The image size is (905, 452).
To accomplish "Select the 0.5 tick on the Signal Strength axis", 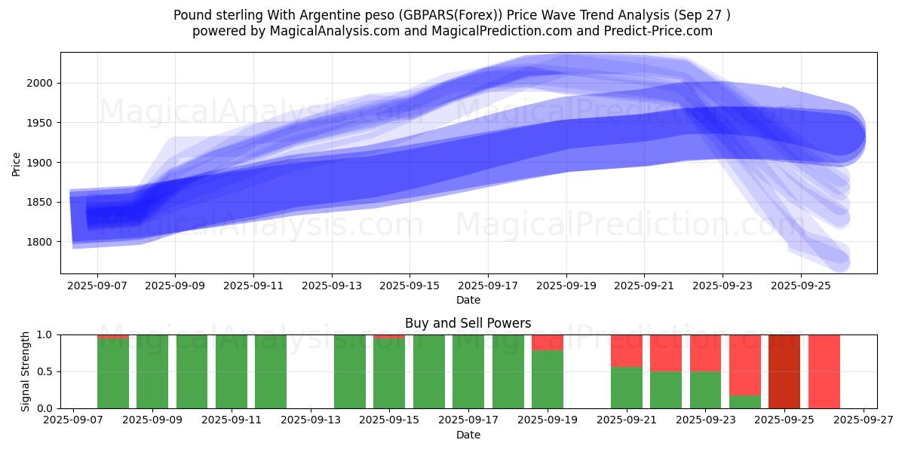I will click(x=45, y=371).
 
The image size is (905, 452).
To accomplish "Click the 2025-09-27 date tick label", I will click(x=864, y=420).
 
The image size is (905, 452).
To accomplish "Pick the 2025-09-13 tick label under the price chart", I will click(x=332, y=286).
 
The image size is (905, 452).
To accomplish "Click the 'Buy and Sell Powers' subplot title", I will click(x=468, y=323).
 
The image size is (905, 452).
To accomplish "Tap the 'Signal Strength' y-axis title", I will click(x=26, y=371).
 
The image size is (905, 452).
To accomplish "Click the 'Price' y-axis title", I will click(x=17, y=163).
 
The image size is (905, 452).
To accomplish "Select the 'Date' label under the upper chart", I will click(x=468, y=300).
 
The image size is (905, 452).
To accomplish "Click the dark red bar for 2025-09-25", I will click(x=784, y=371).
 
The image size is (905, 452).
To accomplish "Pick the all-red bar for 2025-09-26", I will click(x=824, y=371).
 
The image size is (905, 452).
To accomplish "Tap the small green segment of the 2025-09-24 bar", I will click(x=745, y=402).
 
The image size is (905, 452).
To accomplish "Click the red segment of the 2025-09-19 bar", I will click(x=548, y=342).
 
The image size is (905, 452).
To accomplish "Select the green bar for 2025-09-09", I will click(x=152, y=371).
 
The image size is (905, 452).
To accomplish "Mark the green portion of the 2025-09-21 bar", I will click(x=627, y=387).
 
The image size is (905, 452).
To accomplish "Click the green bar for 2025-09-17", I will click(x=468, y=371).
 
